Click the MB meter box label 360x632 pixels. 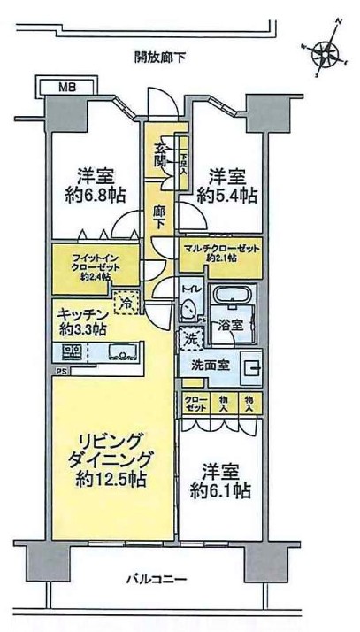tap(66, 87)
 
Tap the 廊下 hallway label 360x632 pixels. tap(159, 219)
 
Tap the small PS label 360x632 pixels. tap(61, 372)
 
